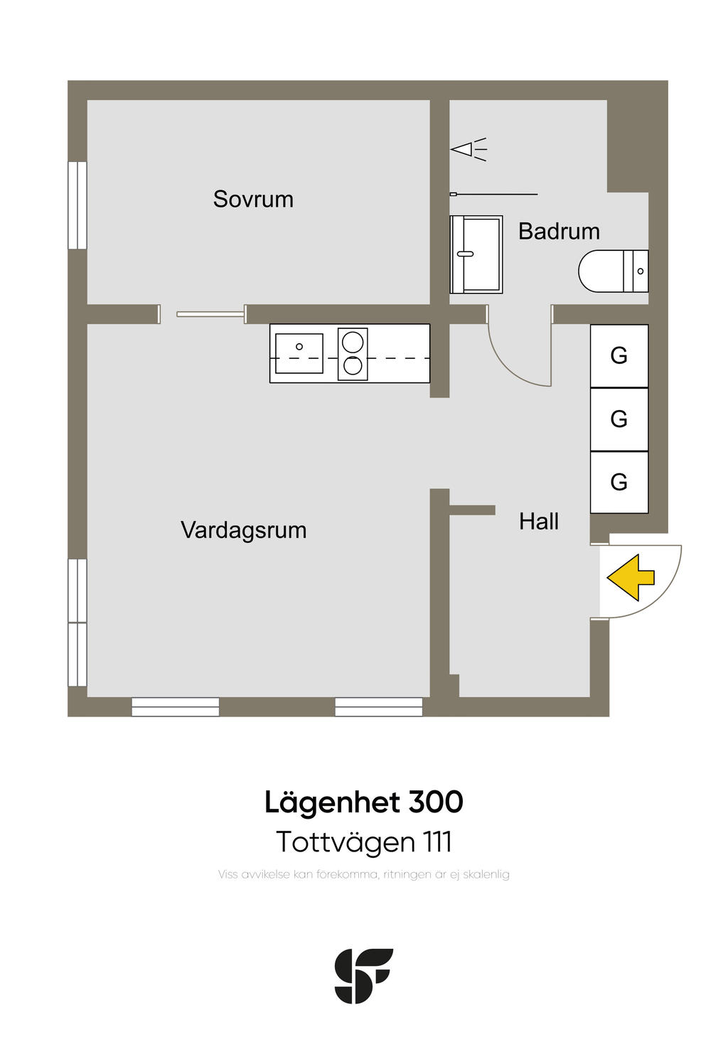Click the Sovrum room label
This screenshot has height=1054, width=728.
tap(253, 199)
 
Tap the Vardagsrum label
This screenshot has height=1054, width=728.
tap(243, 530)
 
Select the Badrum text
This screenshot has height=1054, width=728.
tap(559, 231)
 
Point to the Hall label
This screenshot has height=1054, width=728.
tap(538, 522)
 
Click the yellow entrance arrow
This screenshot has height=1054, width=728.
tap(631, 577)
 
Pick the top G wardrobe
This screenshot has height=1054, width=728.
tap(619, 355)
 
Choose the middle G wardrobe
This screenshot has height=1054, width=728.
tap(619, 419)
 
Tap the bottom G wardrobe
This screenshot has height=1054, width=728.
tap(619, 482)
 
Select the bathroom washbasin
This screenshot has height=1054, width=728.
tap(476, 254)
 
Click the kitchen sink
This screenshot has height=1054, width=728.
tap(299, 353)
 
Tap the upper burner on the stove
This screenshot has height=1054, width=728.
tap(353, 342)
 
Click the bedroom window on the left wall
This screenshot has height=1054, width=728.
tap(77, 205)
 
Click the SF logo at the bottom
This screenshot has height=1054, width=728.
tap(363, 976)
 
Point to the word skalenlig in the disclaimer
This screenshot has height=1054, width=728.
tap(486, 874)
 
